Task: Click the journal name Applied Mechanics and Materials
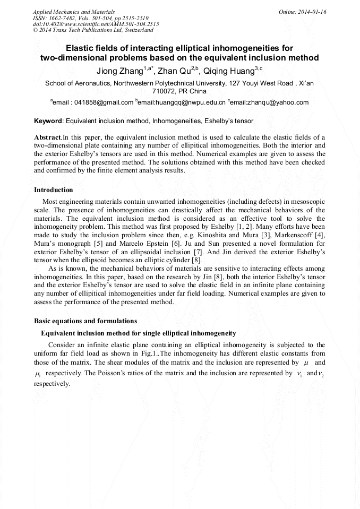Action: (74, 11)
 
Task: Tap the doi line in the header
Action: (96, 24)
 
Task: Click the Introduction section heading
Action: (54, 189)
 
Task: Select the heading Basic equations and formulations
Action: (85, 321)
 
